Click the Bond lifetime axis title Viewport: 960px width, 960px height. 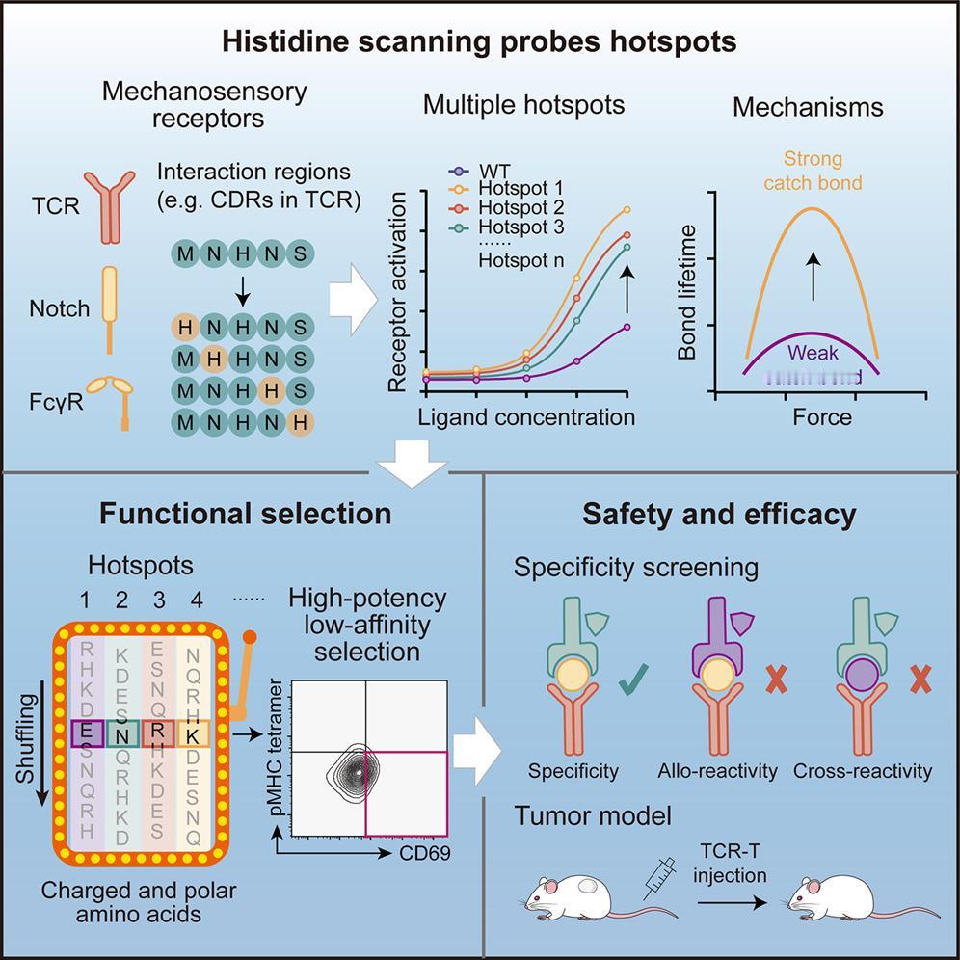[687, 291]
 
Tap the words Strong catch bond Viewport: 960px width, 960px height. [813, 170]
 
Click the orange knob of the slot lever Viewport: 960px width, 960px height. [250, 638]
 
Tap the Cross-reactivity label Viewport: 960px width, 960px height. [863, 771]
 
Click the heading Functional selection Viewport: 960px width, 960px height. [245, 514]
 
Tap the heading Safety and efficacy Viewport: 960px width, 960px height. [719, 514]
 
